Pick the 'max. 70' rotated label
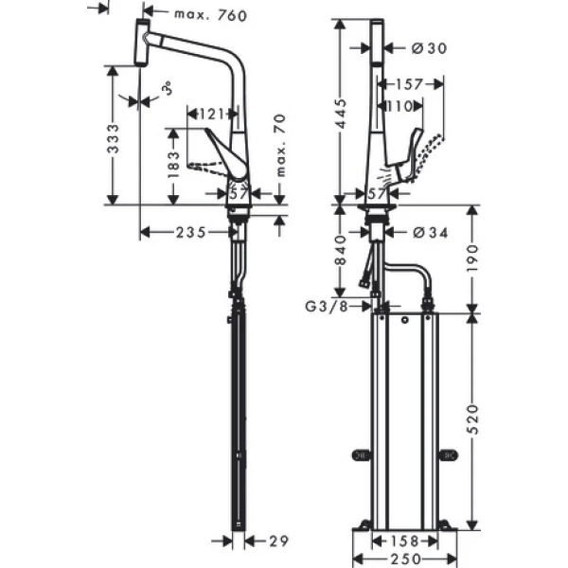(281, 145)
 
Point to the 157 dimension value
(407, 83)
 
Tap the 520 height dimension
(471, 417)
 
